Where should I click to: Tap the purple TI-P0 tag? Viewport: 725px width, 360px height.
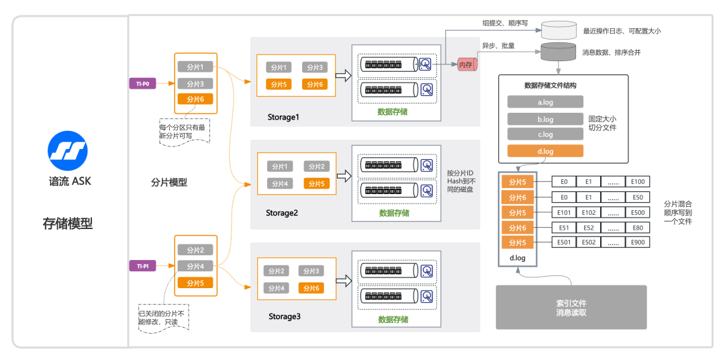[142, 84]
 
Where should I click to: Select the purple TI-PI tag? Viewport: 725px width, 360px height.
[142, 266]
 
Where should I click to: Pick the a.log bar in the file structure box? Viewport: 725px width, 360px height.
[545, 102]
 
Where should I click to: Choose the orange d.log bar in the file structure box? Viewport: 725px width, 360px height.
[545, 151]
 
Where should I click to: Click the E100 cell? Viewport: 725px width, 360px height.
[637, 182]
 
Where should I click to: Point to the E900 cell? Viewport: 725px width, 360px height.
[637, 242]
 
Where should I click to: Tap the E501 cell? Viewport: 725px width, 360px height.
[565, 242]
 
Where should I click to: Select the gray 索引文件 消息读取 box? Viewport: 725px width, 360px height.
[571, 308]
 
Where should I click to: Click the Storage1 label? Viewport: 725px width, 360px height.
[283, 117]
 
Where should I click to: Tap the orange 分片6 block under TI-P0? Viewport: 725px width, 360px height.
[195, 99]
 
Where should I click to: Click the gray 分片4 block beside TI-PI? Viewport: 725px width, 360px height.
[195, 266]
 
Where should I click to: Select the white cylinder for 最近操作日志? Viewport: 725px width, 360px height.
[559, 30]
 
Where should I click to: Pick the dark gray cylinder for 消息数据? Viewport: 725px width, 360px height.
[559, 51]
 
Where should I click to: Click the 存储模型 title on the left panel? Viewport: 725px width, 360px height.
[68, 224]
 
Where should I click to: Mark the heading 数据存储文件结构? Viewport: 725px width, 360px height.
[550, 86]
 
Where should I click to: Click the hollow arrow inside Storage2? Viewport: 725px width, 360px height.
[344, 176]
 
